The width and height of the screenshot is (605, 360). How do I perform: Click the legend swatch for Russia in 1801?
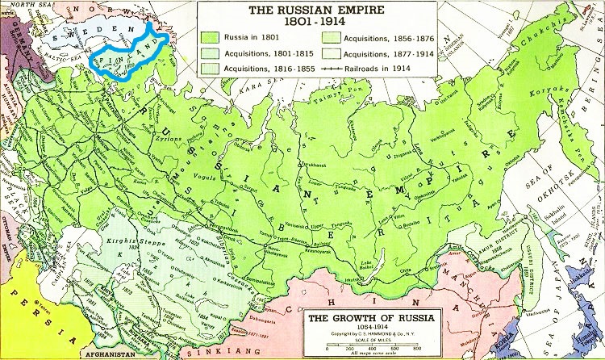(x=213, y=37)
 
